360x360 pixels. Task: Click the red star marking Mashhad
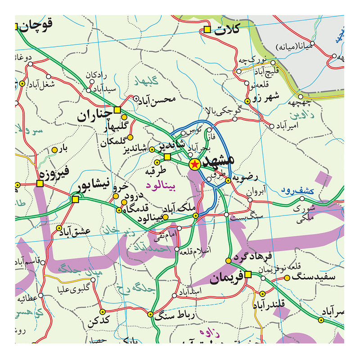(194, 164)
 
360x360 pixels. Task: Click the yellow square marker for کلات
(207, 30)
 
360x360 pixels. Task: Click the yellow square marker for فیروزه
(40, 183)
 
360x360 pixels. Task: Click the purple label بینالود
(160, 185)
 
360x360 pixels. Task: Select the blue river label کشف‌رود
(298, 191)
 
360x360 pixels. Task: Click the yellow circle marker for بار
(54, 149)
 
